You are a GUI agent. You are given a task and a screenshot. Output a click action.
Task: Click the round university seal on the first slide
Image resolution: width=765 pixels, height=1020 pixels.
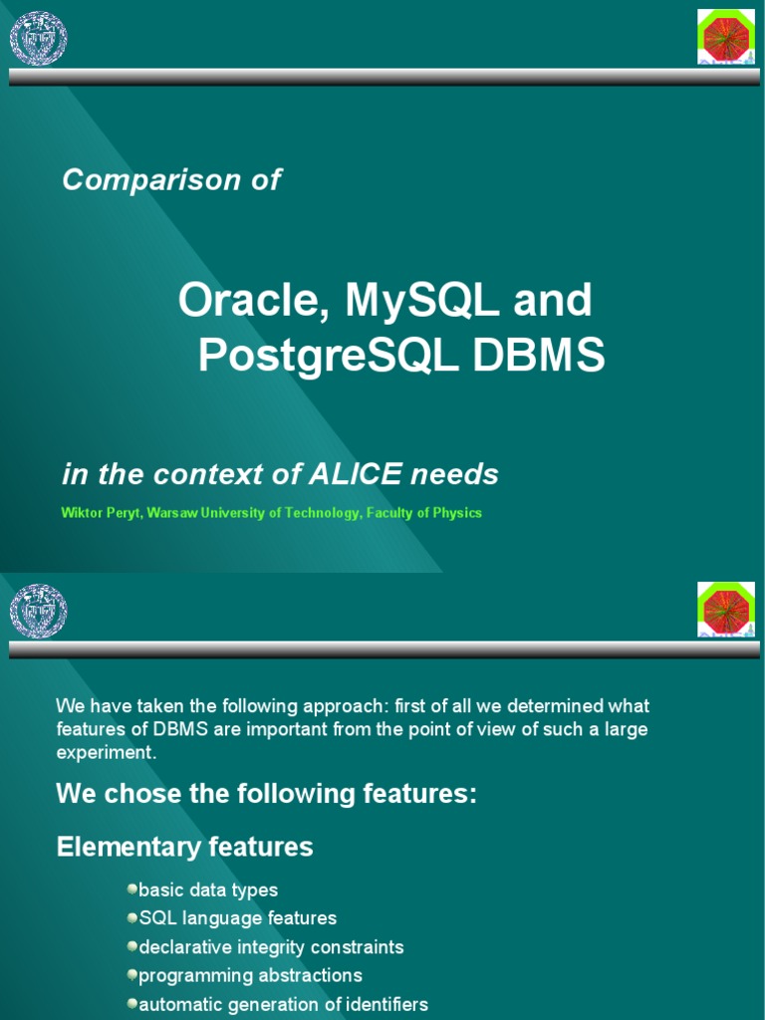pos(38,38)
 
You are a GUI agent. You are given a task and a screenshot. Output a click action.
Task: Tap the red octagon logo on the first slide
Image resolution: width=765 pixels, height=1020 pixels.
pos(725,36)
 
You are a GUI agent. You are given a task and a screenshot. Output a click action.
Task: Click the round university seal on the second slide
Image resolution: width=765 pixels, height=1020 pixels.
pos(38,611)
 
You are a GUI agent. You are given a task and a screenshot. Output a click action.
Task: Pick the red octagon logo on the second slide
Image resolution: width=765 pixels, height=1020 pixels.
pos(725,609)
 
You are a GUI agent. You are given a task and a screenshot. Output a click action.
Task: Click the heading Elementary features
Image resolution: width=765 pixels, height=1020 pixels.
pos(185,848)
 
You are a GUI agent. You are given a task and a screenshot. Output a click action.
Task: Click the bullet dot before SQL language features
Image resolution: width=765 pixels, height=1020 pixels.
pos(132,916)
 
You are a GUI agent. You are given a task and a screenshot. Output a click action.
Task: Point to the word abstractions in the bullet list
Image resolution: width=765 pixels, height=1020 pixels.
pos(308,975)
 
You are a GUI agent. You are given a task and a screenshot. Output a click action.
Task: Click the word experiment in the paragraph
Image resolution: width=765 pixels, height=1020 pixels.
pos(106,753)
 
